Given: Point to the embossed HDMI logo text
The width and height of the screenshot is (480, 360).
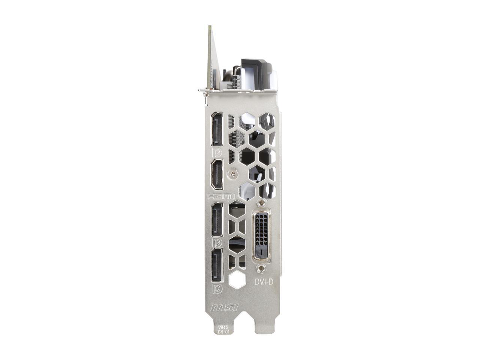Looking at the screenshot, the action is click(x=221, y=196).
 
